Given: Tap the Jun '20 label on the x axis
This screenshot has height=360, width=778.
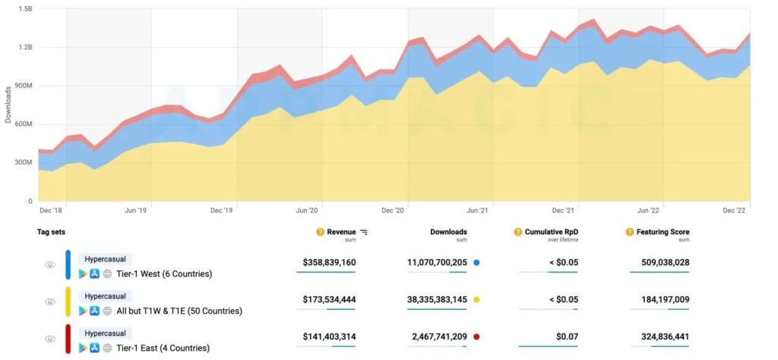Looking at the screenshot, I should point(307,210).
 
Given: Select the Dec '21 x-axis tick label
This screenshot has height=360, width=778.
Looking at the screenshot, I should point(563,210).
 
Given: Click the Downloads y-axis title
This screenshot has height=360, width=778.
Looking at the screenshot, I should point(8,105).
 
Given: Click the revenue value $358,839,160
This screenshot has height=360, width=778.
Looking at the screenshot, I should point(329,262).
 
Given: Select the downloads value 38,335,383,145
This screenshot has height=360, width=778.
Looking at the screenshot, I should point(437,300).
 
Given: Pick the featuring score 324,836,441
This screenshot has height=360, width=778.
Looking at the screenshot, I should point(659,338).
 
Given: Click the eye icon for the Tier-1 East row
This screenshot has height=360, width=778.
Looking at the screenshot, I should point(50,339).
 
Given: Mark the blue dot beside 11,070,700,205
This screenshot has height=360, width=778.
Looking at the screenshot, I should point(476,263).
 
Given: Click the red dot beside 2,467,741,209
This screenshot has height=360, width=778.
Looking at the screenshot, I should point(476,338).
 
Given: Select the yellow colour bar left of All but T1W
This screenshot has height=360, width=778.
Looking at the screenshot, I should point(68,302).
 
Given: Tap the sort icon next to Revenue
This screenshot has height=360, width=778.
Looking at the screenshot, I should point(364,232).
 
